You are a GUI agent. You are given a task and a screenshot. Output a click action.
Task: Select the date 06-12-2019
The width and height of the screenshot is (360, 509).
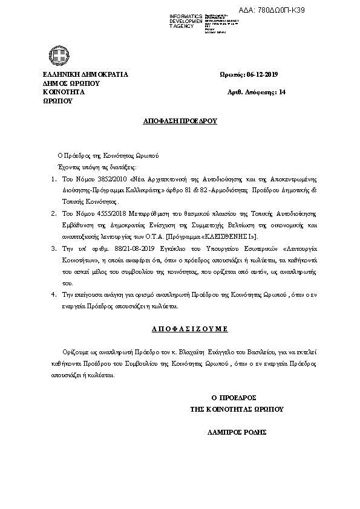click(262, 75)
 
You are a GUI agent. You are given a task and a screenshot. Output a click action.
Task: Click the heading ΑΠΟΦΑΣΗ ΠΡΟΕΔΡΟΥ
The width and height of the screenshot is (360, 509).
click(180, 121)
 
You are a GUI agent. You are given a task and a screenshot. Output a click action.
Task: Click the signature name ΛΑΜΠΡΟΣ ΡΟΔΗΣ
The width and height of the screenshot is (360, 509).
click(237, 433)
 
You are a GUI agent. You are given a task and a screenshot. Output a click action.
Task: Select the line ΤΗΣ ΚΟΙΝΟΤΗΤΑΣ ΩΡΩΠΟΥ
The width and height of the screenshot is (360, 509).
click(237, 409)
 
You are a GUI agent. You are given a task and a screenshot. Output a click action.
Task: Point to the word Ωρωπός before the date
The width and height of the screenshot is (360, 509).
click(232, 75)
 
